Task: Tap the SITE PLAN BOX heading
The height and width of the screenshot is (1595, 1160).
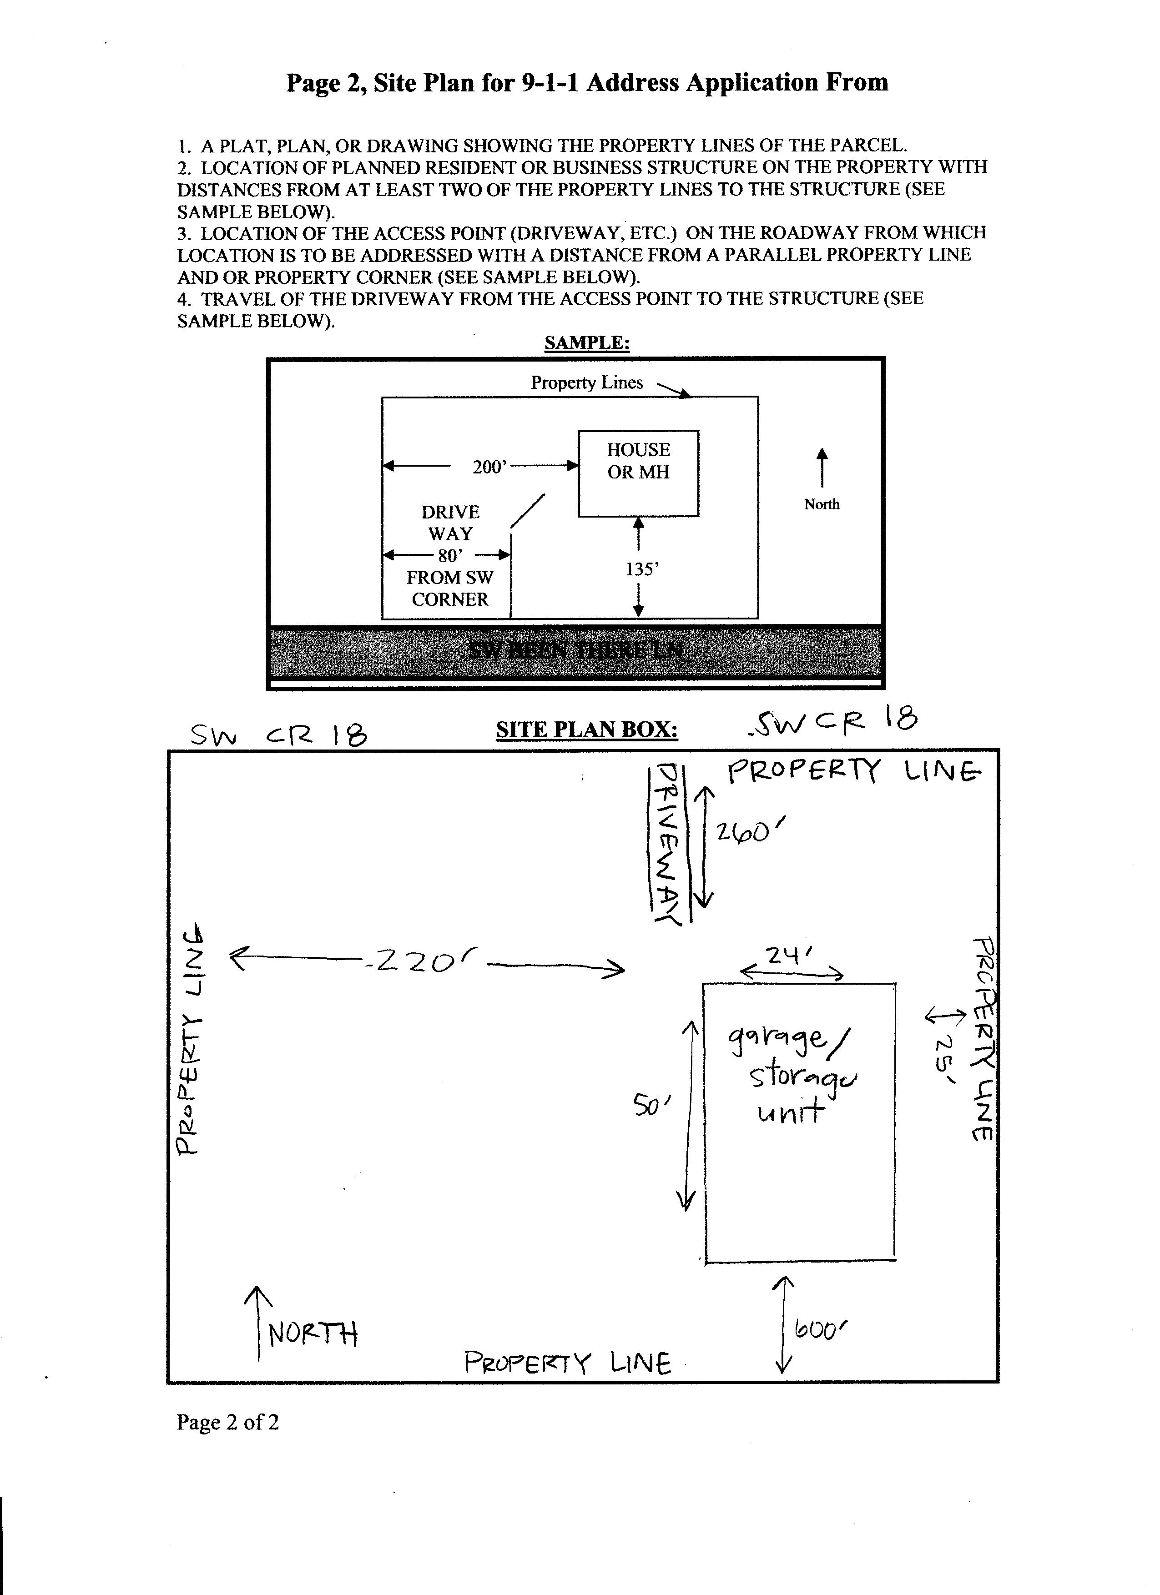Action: pos(587,730)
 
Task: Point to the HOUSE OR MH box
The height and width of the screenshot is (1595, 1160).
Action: pos(638,473)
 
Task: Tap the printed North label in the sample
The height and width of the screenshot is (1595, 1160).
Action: pos(822,504)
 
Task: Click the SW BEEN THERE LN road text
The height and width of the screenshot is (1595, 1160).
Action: pos(575,650)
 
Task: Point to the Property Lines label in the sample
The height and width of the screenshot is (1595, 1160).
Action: pos(587,382)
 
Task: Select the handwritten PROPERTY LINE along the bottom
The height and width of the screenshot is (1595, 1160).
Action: pos(567,1364)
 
